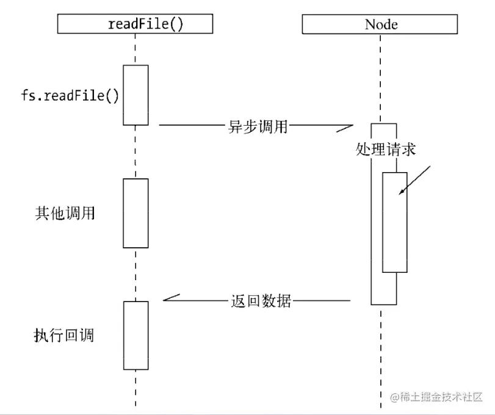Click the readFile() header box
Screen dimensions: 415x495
pos(135,24)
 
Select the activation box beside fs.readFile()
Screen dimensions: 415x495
pos(135,95)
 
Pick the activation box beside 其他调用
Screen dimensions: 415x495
pos(135,213)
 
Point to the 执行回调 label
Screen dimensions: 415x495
pos(65,335)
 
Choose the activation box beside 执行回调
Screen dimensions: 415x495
pos(135,335)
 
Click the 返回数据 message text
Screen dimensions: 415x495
pos(261,301)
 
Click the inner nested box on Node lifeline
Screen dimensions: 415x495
pos(395,222)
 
